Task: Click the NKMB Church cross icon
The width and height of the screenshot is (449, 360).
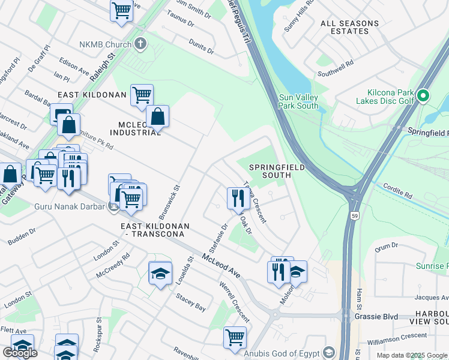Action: coord(140,43)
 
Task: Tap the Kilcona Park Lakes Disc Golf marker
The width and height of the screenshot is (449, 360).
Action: coord(423,95)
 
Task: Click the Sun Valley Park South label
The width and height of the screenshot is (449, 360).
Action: coord(298,101)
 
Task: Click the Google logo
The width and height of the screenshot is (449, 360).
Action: coord(20,353)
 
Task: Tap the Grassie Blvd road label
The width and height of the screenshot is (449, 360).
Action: coord(382,315)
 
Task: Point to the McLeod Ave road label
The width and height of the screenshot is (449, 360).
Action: coord(221,265)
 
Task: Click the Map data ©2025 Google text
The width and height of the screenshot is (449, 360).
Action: coord(412,355)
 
